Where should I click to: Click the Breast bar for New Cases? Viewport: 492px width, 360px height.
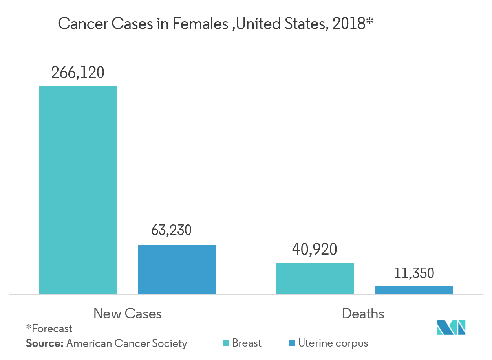78,190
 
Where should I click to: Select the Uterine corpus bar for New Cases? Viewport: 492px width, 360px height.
177,270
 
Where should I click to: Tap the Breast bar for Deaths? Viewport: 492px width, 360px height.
315,278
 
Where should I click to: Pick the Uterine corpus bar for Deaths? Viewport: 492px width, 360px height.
414,290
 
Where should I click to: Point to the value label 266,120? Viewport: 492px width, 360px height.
78,73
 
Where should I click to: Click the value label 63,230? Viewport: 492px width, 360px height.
172,230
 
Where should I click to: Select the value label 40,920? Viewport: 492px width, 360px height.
315,249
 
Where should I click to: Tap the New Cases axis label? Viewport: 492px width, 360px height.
128,313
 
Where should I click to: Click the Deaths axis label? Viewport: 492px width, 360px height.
363,313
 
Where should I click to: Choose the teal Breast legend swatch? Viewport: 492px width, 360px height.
226,343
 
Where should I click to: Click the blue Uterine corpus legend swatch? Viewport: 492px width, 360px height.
292,343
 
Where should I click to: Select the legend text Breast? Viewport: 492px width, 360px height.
247,343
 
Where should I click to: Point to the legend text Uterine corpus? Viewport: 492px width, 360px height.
333,343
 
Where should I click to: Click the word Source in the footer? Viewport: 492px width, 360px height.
44,343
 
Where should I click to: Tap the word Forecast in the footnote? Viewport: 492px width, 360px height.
52,328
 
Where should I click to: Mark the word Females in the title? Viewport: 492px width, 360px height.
200,24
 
